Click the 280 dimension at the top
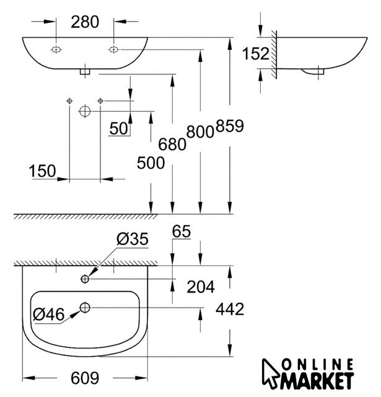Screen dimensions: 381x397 pos(85,22)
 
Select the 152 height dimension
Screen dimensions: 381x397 pos(256,54)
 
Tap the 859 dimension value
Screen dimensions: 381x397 pos(230,126)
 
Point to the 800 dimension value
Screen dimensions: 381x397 pos(200,132)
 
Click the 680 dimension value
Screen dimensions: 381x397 pos(172,145)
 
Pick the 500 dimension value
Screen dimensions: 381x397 pos(151,163)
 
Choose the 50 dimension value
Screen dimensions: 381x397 pos(119,128)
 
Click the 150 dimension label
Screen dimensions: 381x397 pos(42,171)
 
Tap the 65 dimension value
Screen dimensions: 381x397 pos(182,231)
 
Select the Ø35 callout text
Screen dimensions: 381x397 pos(133,239)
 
